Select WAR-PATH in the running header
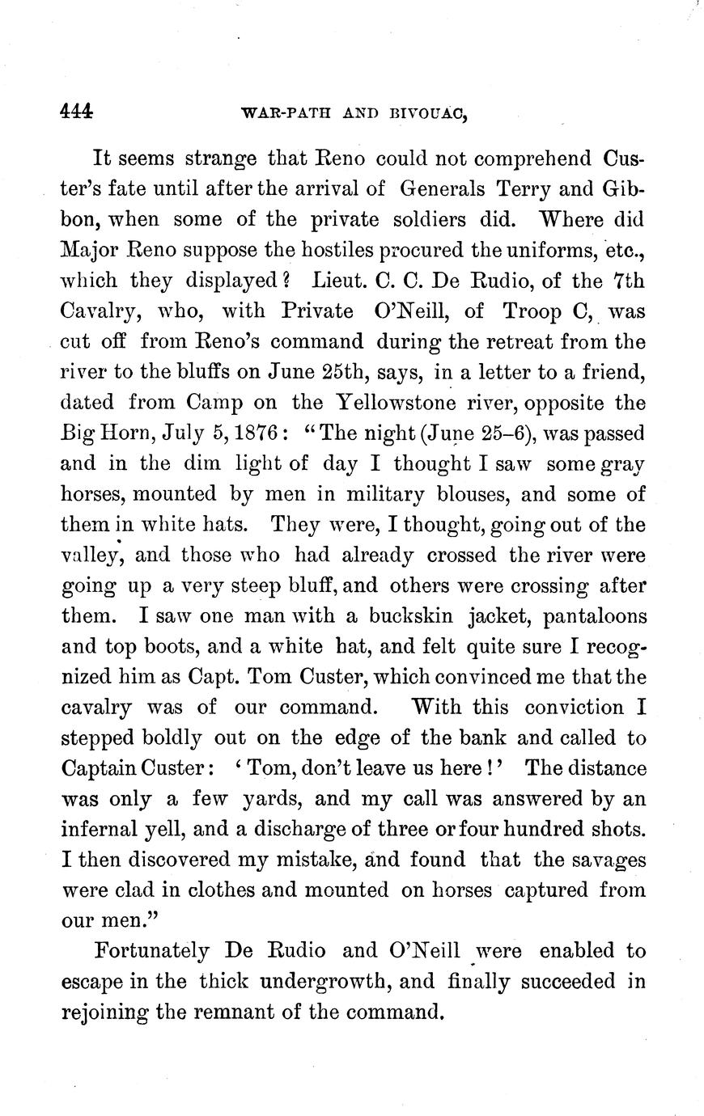(x=282, y=114)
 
